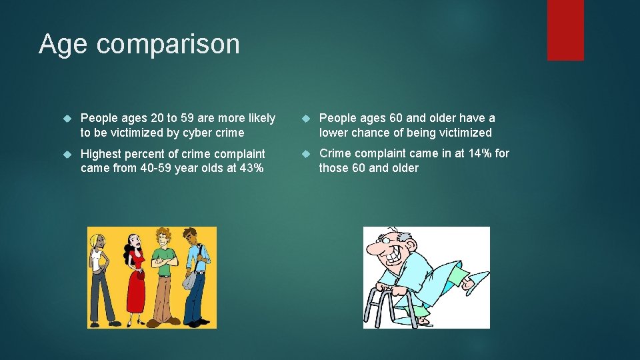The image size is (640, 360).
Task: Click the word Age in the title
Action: pyautogui.click(x=64, y=45)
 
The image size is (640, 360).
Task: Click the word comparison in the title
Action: pyautogui.click(x=168, y=45)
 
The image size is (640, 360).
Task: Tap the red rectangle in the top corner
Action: pyautogui.click(x=565, y=30)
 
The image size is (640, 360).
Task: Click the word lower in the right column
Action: pyautogui.click(x=334, y=133)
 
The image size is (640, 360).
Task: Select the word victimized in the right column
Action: pyautogui.click(x=464, y=133)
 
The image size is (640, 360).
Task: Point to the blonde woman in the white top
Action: pyautogui.click(x=100, y=273)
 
